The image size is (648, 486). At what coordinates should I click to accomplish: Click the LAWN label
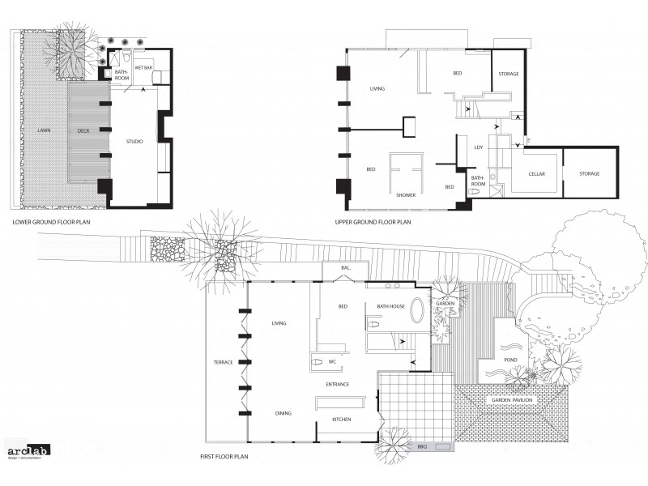(44, 130)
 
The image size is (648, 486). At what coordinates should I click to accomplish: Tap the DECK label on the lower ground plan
(83, 130)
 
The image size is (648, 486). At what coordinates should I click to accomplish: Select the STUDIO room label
(134, 142)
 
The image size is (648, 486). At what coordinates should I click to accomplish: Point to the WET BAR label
(144, 68)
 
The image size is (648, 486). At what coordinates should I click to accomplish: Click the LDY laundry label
(479, 147)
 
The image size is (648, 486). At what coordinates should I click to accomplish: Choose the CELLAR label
(536, 173)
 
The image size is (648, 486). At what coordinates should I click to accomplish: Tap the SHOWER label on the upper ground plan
(406, 195)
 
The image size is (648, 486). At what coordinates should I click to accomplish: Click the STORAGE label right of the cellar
(589, 173)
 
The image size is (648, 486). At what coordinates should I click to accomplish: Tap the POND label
(509, 359)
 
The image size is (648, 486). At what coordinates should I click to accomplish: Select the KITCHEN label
(343, 420)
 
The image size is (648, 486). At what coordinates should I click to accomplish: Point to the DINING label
(283, 414)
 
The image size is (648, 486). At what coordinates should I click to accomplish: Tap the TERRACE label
(223, 362)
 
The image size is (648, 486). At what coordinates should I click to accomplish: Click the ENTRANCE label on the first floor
(338, 384)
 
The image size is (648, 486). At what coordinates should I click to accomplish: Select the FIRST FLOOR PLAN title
(224, 457)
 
